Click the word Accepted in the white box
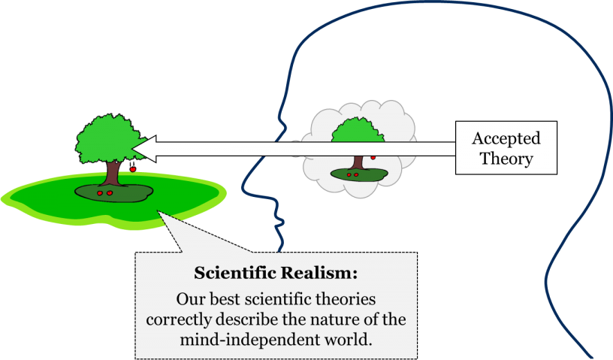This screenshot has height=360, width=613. pyautogui.click(x=506, y=138)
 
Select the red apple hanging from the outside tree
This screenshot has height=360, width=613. pyautogui.click(x=133, y=169)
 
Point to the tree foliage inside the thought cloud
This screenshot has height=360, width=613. pyautogui.click(x=357, y=135)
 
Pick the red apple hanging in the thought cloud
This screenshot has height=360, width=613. pyautogui.click(x=373, y=156)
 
